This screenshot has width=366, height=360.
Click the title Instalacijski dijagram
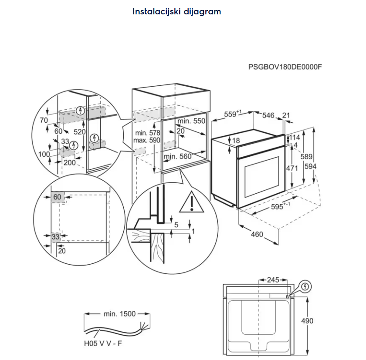pyautogui.click(x=177, y=12)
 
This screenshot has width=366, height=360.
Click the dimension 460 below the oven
pyautogui.click(x=257, y=234)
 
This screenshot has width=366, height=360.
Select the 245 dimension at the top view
pyautogui.click(x=273, y=279)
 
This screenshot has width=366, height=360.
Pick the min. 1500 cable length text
pyautogui.click(x=119, y=313)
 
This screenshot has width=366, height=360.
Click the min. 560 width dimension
pyautogui.click(x=177, y=156)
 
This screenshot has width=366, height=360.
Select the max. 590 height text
pyautogui.click(x=147, y=140)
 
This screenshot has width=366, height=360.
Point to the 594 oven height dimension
pyautogui.click(x=310, y=166)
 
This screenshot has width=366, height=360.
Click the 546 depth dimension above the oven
pyautogui.click(x=268, y=115)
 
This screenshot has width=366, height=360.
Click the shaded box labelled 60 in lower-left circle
pyautogui.click(x=57, y=197)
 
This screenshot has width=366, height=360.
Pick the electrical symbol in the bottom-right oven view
pyautogui.click(x=306, y=286)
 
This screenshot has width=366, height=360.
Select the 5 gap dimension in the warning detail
pyautogui.click(x=176, y=225)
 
